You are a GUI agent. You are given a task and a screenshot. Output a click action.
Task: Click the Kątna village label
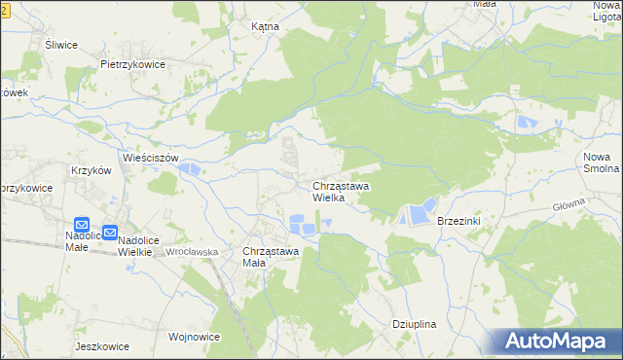(265, 27)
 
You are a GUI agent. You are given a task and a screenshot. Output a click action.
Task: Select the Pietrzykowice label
(132, 64)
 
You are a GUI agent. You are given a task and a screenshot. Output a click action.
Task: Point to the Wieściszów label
(151, 157)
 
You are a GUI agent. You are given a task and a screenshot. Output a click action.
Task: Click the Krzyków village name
(92, 169)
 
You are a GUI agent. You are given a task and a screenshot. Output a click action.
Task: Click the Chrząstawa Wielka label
(340, 191)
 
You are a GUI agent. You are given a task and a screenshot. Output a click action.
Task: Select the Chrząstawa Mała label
(270, 257)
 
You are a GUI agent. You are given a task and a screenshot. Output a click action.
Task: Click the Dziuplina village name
(413, 325)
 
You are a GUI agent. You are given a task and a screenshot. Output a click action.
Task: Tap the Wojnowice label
(194, 337)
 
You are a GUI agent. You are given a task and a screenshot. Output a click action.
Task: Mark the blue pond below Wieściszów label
(190, 171)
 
